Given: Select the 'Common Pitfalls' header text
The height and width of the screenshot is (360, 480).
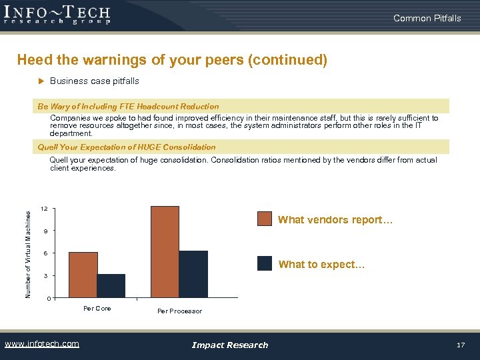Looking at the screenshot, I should [427, 18].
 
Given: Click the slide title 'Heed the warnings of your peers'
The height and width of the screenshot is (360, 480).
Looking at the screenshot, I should [172, 61].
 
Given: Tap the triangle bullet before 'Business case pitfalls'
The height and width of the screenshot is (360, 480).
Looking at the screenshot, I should [39, 81].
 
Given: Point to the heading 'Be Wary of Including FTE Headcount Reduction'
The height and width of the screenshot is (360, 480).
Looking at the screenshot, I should [128, 107].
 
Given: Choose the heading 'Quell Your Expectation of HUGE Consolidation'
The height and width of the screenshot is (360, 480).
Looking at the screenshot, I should [127, 147].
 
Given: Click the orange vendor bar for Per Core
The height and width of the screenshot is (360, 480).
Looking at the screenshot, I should [83, 275].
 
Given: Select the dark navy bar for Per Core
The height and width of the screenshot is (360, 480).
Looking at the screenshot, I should [111, 285].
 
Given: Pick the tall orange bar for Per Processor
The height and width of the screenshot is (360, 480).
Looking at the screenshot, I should [165, 252].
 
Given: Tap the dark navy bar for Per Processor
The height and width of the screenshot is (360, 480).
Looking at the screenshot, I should [193, 274].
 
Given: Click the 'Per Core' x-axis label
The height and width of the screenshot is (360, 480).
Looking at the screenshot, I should [97, 309].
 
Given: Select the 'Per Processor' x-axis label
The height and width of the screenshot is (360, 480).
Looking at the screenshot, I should [179, 311].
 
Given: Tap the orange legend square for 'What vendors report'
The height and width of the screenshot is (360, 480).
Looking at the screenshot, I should [265, 219].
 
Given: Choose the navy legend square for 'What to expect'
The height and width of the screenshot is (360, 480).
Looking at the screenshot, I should [265, 264].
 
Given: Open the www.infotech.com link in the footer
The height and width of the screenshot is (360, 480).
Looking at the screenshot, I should [41, 344].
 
